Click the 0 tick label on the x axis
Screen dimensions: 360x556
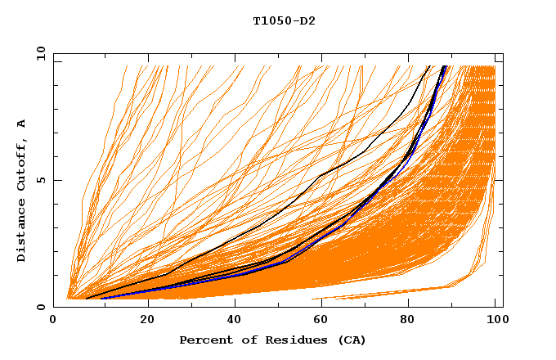pyautogui.click(x=54, y=320)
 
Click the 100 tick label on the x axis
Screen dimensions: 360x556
pyautogui.click(x=495, y=320)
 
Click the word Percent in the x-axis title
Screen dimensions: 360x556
pyautogui.click(x=203, y=340)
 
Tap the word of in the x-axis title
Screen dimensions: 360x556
pyautogui.click(x=244, y=340)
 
